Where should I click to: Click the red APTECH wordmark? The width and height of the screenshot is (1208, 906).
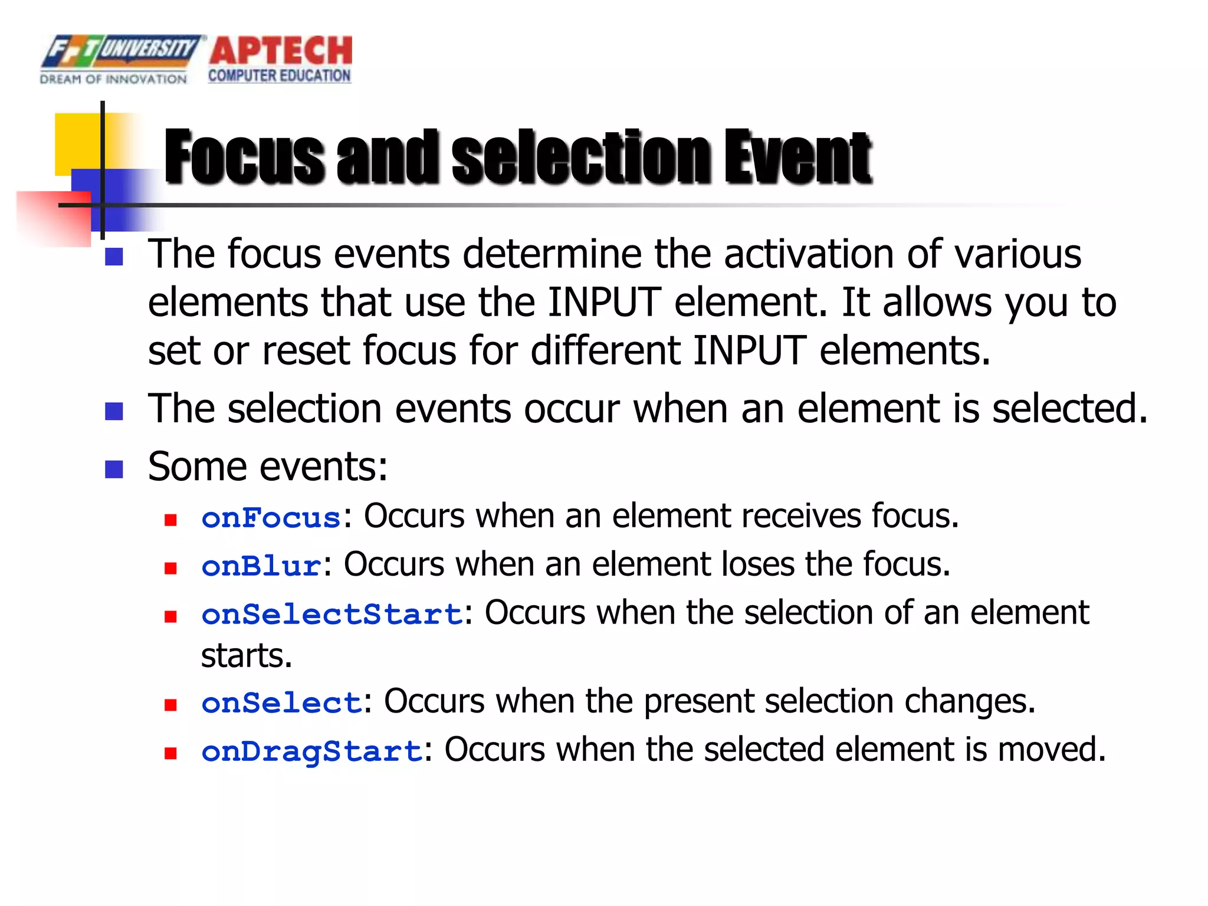pyautogui.click(x=280, y=51)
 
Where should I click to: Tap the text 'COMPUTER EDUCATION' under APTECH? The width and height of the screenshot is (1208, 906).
pyautogui.click(x=279, y=76)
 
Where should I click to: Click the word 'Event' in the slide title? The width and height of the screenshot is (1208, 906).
pyautogui.click(x=797, y=156)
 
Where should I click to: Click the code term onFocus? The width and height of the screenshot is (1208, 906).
pyautogui.click(x=271, y=518)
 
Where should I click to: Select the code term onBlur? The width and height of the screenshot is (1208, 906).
pyautogui.click(x=261, y=566)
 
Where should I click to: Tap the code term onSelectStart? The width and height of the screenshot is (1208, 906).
pyautogui.click(x=331, y=614)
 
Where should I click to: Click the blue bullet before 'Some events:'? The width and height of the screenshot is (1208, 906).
pyautogui.click(x=114, y=470)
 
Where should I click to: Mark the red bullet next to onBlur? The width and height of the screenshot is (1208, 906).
pyautogui.click(x=171, y=568)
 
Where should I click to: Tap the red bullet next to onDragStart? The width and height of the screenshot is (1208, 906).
pyautogui.click(x=171, y=753)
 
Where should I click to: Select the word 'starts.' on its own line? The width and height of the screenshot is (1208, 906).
pyautogui.click(x=247, y=656)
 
